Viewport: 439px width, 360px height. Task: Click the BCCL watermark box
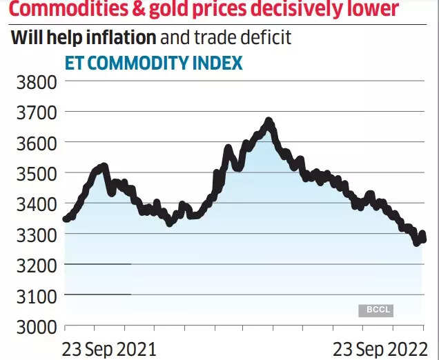(375, 310)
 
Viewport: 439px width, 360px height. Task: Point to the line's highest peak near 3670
(269, 122)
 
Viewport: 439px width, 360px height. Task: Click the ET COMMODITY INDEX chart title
(153, 63)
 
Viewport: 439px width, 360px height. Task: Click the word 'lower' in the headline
(372, 10)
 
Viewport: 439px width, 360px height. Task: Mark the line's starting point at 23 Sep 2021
(66, 219)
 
